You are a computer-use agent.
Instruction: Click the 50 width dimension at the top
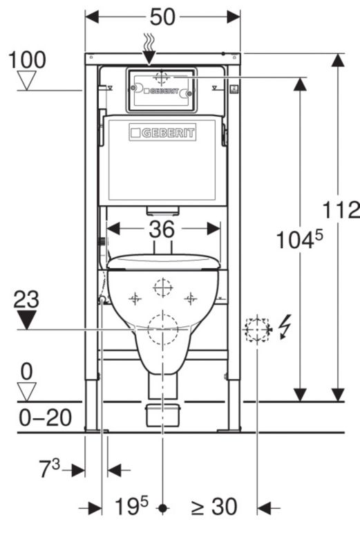click(x=162, y=17)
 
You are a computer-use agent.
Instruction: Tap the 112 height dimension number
click(x=341, y=210)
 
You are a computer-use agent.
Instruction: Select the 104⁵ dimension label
click(x=299, y=240)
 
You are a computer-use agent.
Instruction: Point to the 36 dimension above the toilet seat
click(x=162, y=229)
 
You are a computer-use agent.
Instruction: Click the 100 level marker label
click(x=27, y=59)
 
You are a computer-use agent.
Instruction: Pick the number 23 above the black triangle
click(x=26, y=299)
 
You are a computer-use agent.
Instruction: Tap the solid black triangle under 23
click(x=27, y=320)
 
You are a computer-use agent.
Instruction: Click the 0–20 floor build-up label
click(x=45, y=418)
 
